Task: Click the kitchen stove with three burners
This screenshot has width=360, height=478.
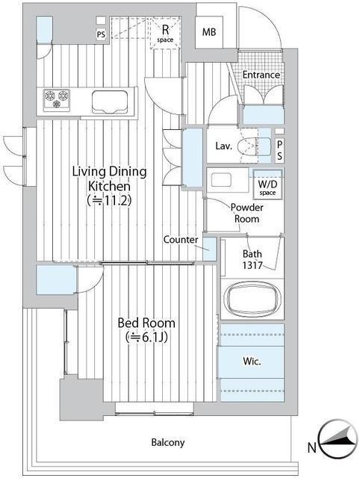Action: (x=57, y=99)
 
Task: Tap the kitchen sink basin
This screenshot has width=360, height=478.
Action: (x=110, y=102)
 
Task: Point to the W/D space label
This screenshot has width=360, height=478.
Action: (x=267, y=187)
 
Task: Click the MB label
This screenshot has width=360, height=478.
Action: (x=209, y=32)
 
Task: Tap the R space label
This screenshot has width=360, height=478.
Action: (x=165, y=33)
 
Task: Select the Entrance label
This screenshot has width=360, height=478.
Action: (x=261, y=75)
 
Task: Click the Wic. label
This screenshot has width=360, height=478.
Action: (x=252, y=361)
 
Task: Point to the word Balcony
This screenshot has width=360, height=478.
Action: (x=168, y=442)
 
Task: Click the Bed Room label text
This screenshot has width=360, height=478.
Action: (x=146, y=323)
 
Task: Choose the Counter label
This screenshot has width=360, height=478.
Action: (x=181, y=240)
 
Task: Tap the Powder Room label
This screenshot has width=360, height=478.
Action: (x=247, y=213)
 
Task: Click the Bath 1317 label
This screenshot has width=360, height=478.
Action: (x=252, y=259)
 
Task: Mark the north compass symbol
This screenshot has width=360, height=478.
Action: (x=338, y=438)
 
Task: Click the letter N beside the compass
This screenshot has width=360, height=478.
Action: (x=311, y=448)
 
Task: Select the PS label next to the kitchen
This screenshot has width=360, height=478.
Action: (x=101, y=34)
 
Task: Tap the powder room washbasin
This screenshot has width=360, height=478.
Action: (x=221, y=180)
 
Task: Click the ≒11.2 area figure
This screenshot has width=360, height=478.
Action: (x=109, y=201)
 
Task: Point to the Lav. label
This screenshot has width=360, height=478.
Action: (x=223, y=146)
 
